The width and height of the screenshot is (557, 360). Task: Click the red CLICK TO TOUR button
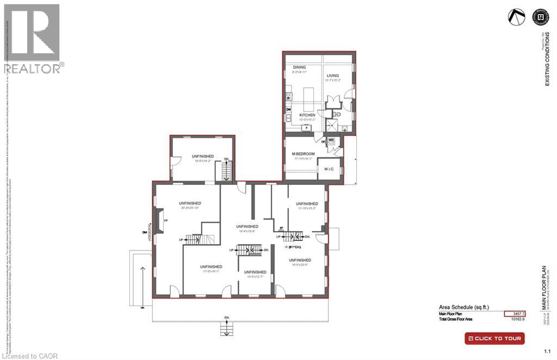pos(494,338)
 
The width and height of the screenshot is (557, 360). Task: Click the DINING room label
pos(292,67)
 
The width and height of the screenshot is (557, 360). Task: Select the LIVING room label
pos(332,76)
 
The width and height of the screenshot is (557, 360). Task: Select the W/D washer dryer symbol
pos(331,141)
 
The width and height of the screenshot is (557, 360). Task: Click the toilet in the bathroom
pos(337,115)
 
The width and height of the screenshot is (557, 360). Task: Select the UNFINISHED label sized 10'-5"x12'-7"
pos(255,272)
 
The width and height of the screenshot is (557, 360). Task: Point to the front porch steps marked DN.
pos(226,328)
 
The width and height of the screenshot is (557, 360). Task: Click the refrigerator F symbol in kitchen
pos(306,128)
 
